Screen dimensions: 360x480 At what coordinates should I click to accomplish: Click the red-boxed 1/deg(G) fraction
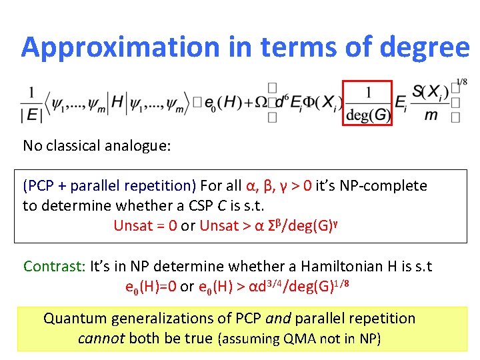368,103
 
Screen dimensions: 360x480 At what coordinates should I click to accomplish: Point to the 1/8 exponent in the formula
461,83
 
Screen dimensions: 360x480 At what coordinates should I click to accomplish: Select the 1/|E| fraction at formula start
31,103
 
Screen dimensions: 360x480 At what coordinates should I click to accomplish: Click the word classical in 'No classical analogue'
81,145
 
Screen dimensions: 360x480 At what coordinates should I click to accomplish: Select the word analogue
143,145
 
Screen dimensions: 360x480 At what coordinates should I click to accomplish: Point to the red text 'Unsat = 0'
145,225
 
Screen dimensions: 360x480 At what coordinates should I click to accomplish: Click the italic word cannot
99,339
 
